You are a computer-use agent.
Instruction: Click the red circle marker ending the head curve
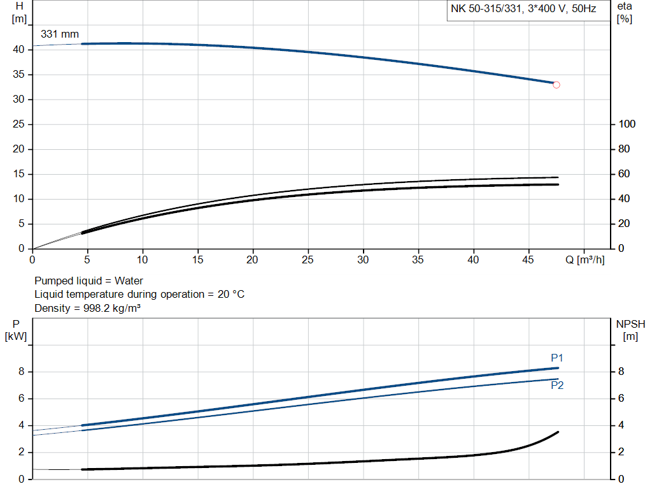(556, 85)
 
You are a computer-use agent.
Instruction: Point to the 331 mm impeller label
(60, 34)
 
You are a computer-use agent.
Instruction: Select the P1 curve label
(557, 358)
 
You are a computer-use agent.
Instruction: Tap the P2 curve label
(557, 385)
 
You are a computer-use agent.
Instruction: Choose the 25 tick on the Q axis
(308, 260)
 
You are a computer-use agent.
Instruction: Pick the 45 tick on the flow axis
(528, 260)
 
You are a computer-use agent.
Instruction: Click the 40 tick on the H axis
(18, 50)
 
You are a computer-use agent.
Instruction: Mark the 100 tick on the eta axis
(628, 124)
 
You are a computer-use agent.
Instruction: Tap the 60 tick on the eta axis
(625, 174)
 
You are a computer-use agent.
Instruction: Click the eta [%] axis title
(625, 12)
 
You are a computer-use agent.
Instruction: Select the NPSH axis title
(631, 330)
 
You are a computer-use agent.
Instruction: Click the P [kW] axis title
(16, 330)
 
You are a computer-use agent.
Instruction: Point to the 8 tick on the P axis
(21, 372)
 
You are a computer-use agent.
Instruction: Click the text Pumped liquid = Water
(89, 281)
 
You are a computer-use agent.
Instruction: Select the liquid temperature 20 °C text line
(139, 294)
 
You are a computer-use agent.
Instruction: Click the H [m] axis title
(19, 12)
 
